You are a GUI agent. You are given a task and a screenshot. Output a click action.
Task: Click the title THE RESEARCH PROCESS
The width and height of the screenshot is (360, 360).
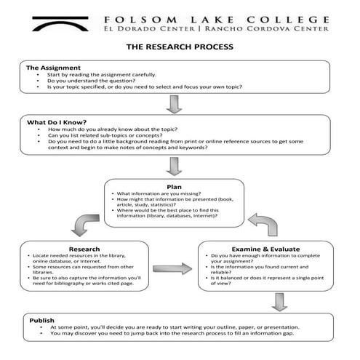180,47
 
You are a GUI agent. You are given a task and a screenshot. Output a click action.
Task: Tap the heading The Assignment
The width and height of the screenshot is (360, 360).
49,68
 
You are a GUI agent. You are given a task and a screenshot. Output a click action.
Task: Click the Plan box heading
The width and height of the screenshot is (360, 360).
173,187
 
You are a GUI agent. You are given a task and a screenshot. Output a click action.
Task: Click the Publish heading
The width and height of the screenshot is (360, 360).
41,320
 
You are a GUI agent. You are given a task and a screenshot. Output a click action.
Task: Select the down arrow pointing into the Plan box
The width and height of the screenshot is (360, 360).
173,167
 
